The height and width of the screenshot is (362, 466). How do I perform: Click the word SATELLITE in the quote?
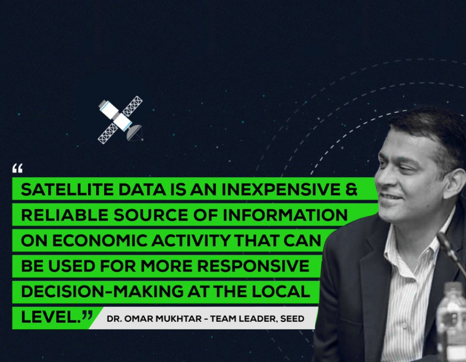point(68,190)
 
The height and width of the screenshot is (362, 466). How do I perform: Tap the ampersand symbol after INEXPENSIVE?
point(351,190)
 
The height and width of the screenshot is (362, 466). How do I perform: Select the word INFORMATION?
point(285,215)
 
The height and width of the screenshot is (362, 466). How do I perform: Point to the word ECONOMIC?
point(100,240)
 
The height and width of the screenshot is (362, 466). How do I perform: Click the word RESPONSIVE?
point(253,265)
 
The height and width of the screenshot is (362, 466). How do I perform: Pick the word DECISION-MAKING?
point(102,291)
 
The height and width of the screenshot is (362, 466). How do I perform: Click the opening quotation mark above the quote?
point(18,168)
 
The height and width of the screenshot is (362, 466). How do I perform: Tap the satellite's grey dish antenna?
point(135,132)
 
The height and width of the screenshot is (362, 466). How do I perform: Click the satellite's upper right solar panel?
point(132,106)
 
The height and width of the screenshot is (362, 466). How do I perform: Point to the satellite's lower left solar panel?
point(108,133)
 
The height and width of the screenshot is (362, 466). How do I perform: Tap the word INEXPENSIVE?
point(281,190)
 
